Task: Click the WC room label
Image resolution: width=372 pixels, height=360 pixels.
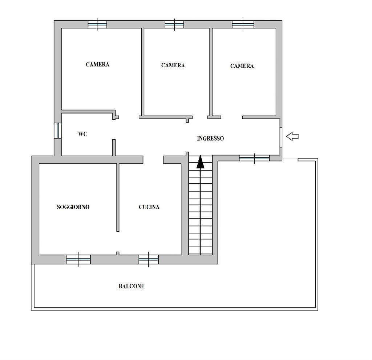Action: (x=82, y=134)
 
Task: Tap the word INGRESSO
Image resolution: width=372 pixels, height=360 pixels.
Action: (x=210, y=139)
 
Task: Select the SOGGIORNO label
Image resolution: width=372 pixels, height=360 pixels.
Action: (x=73, y=207)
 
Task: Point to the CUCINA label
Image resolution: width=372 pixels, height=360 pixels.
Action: (x=149, y=207)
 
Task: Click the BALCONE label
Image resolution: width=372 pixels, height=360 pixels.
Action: (x=131, y=287)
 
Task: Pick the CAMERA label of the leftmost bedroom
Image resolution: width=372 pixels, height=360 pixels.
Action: (x=97, y=65)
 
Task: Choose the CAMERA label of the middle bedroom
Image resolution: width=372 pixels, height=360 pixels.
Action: (x=173, y=65)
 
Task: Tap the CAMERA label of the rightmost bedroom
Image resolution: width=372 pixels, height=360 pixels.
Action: (x=242, y=66)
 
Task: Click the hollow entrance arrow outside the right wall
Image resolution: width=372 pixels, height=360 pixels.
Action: (x=292, y=136)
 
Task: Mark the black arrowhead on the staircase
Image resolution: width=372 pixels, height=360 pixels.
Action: (x=200, y=162)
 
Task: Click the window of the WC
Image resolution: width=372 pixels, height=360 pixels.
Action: (x=57, y=131)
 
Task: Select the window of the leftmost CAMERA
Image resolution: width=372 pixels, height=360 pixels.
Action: (x=97, y=24)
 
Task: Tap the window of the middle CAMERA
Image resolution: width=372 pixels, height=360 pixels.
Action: (x=174, y=24)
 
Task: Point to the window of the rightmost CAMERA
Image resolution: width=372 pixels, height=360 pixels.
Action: (x=243, y=24)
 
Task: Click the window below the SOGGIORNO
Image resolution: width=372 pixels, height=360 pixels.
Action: (x=78, y=259)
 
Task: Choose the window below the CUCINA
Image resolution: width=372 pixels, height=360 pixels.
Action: (x=149, y=259)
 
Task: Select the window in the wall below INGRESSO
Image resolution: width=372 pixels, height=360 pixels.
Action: (x=254, y=158)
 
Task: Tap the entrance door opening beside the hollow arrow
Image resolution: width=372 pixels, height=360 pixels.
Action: (x=280, y=137)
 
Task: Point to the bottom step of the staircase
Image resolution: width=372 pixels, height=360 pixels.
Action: (x=200, y=251)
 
